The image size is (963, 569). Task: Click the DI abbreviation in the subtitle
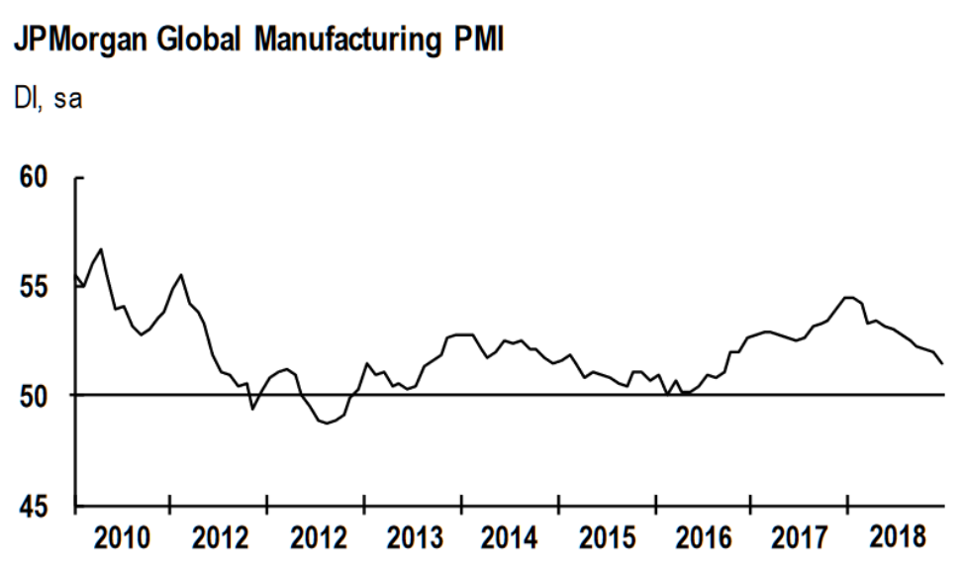click(x=23, y=102)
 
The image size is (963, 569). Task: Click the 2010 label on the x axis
click(x=125, y=539)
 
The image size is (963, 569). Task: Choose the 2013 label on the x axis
click(x=414, y=539)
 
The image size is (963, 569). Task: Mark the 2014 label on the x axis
click(x=510, y=539)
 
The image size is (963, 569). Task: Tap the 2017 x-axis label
click(x=799, y=539)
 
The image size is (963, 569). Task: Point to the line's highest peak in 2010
click(x=101, y=248)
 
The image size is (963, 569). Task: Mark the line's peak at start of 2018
click(x=849, y=297)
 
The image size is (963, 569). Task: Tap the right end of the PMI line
click(x=942, y=363)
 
